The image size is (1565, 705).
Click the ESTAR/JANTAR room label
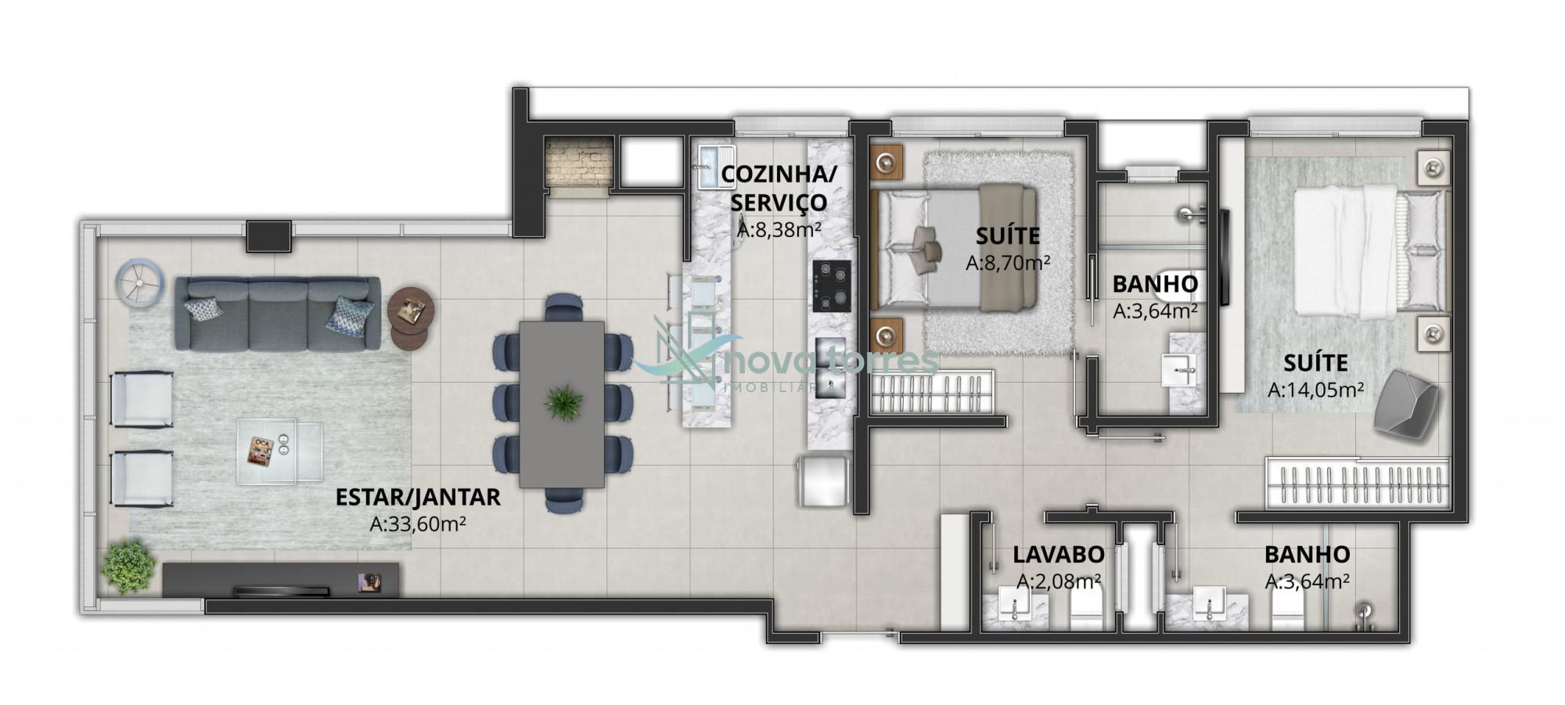point(418,497)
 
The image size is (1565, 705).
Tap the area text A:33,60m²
point(418,523)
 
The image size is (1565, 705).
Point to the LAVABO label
point(1059,554)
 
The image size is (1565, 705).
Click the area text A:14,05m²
point(1316,389)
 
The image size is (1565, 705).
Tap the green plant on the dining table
point(563,402)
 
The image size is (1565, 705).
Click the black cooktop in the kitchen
point(832,286)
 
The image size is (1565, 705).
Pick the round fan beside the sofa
point(139,282)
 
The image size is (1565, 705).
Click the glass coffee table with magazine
point(279,451)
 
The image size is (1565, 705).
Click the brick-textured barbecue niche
point(577,163)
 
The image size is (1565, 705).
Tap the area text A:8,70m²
point(1008,263)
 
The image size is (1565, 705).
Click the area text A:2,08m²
point(1060,581)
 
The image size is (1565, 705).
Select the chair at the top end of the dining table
point(563,307)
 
